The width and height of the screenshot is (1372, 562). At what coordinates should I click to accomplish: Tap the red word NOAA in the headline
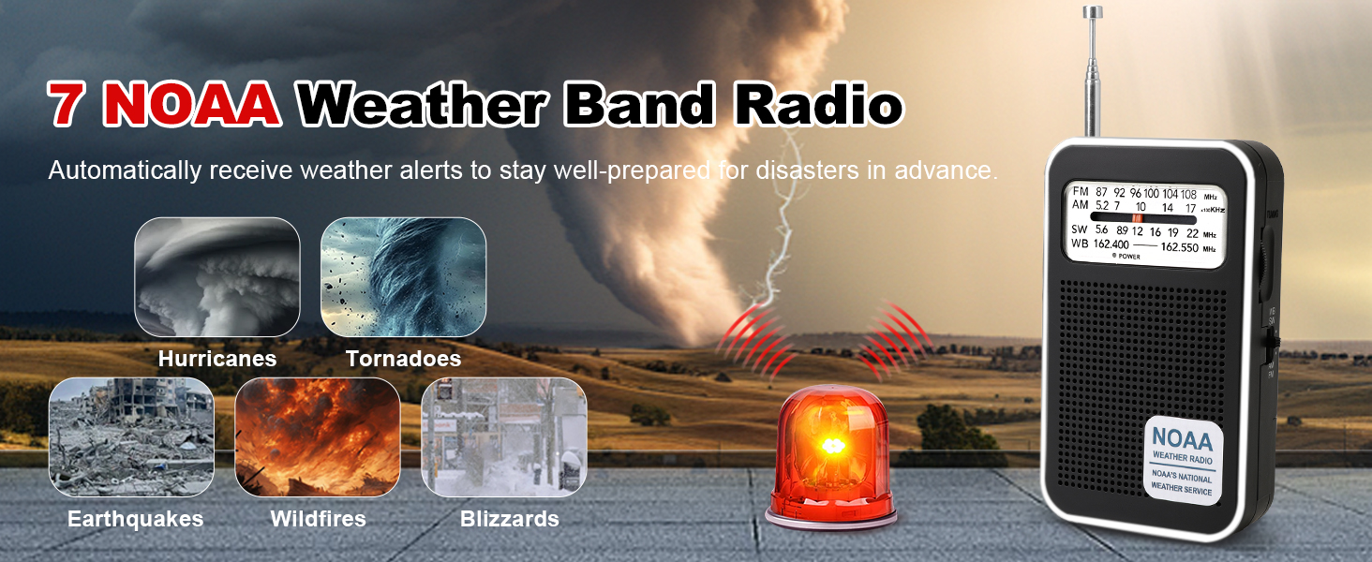(193, 103)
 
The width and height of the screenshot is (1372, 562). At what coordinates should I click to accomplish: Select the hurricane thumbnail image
(216, 277)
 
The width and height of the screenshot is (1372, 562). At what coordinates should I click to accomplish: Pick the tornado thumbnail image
(403, 277)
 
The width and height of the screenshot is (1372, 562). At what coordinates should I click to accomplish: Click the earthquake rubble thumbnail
(131, 437)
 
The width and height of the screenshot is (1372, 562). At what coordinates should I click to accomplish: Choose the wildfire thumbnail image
(317, 437)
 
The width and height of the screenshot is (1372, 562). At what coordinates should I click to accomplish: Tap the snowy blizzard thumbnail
(504, 437)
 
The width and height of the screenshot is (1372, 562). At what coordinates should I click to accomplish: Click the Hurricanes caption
(216, 359)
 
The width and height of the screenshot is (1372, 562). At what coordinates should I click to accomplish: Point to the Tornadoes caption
(403, 359)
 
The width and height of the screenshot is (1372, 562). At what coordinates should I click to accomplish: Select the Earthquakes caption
(135, 519)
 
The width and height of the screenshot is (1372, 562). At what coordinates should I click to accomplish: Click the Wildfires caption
(318, 519)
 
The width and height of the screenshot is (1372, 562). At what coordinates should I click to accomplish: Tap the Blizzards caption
(509, 519)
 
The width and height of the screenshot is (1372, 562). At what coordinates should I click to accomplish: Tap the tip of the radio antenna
(1092, 11)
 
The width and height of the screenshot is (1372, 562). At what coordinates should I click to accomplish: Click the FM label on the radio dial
(1080, 192)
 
